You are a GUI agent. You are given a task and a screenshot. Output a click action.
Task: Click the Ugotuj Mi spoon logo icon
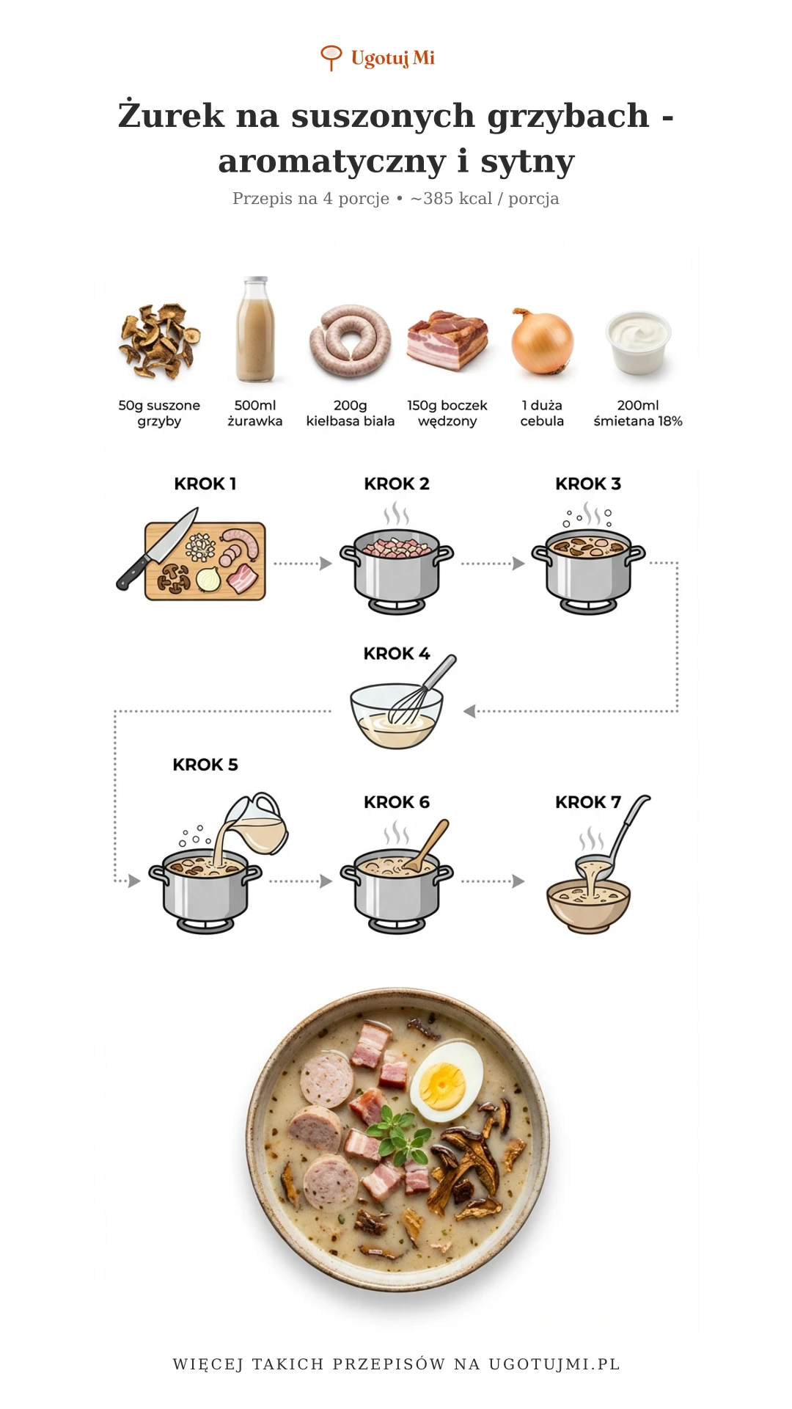point(331,57)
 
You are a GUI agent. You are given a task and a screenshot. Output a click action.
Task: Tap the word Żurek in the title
point(171,115)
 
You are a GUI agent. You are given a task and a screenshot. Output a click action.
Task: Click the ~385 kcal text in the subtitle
point(451,198)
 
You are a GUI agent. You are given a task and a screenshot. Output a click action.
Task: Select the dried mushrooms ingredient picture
point(159,340)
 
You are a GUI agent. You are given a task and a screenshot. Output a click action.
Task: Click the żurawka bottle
point(255,330)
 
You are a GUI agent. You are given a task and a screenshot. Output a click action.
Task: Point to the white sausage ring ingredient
point(351,341)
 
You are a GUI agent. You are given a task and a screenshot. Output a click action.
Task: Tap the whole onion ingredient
point(542,341)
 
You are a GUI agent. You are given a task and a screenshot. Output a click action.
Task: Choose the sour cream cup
point(638,341)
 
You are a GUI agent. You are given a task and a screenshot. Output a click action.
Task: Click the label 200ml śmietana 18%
point(638,413)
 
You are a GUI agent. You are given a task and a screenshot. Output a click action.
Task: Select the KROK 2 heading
point(397,484)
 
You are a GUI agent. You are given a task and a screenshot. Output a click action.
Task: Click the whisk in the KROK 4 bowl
point(422,689)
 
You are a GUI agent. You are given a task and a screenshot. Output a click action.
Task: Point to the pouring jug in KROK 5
point(256,823)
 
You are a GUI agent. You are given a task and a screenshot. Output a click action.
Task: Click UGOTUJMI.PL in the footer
point(554,1364)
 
